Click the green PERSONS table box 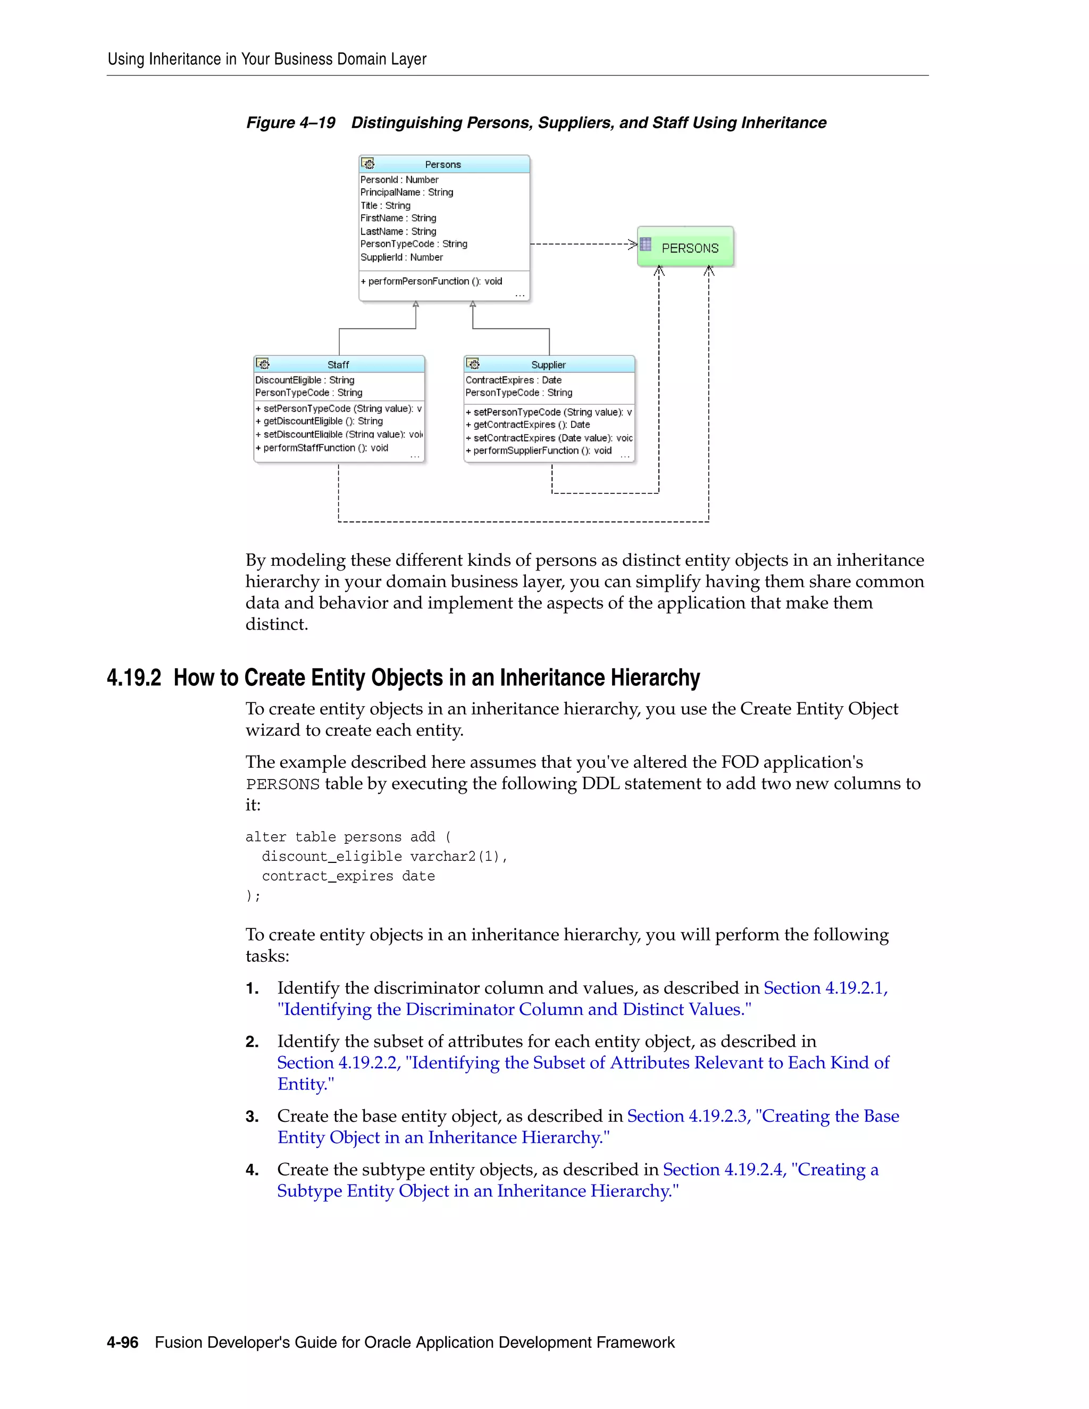[x=685, y=247]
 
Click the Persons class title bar [x=444, y=164]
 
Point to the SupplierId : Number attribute [x=401, y=257]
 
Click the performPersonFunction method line [x=431, y=281]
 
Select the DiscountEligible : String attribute [x=305, y=380]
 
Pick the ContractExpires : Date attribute [x=514, y=380]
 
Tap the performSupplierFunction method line [x=539, y=451]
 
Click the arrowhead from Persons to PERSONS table [x=633, y=244]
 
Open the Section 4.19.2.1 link [x=825, y=988]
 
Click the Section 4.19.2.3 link [x=689, y=1116]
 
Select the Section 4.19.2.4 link [x=724, y=1170]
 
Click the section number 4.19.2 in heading [x=134, y=678]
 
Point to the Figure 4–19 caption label [x=290, y=123]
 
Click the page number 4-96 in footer [x=123, y=1343]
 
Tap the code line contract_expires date [x=348, y=876]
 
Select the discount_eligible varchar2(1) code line [x=384, y=857]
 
